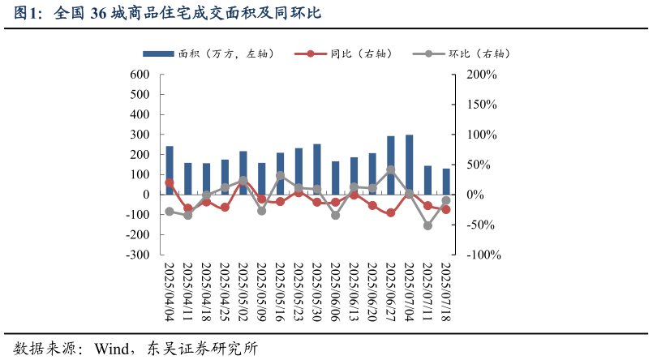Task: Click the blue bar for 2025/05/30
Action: tap(317, 169)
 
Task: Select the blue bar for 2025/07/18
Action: tap(446, 181)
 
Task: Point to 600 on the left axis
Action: tap(140, 75)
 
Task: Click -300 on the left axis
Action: tap(136, 255)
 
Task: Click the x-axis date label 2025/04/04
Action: tap(170, 291)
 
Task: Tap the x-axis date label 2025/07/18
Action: tap(446, 291)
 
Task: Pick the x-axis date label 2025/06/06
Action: tap(336, 291)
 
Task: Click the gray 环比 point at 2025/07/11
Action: tap(427, 225)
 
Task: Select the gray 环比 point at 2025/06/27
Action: tap(391, 170)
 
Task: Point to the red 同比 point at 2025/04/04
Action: tap(170, 182)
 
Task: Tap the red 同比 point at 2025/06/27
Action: tap(391, 212)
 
